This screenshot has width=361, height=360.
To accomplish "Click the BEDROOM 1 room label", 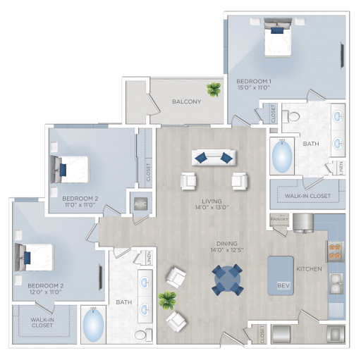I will tap(254, 82).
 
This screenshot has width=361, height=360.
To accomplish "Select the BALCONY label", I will tap(187, 101).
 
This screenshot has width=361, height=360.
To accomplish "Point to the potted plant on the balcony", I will tap(212, 89).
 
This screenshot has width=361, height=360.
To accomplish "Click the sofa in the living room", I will tap(214, 156).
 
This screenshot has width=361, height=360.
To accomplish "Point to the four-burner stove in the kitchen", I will tap(334, 251).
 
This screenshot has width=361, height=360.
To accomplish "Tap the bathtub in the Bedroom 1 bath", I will tap(282, 156).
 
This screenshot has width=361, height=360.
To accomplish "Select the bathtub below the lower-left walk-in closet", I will tap(94, 325).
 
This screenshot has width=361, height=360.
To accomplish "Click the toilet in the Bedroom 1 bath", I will tap(295, 115).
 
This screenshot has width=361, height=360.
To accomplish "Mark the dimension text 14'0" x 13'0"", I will tap(214, 208).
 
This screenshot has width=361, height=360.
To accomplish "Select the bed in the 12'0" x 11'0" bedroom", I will tap(35, 258).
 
